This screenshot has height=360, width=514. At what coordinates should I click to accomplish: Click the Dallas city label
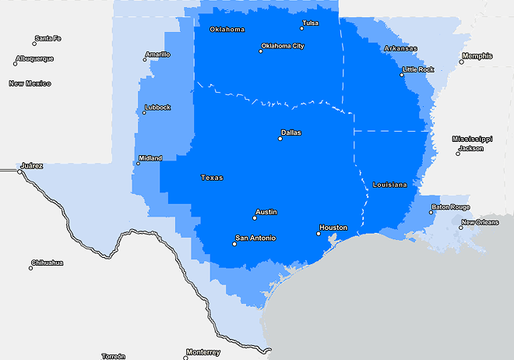tap(290, 132)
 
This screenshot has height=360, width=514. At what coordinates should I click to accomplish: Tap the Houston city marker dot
tap(319, 233)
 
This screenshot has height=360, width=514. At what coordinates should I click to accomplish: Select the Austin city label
tap(266, 212)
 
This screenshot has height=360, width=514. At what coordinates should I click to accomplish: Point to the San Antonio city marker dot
tap(234, 244)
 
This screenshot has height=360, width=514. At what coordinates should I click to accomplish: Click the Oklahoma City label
tap(283, 46)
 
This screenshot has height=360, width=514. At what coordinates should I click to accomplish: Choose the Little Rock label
tap(418, 69)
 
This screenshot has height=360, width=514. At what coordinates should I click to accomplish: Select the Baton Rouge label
tap(451, 207)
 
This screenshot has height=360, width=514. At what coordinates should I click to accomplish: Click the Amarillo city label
tap(157, 55)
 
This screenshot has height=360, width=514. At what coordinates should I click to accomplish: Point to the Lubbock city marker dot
tap(143, 113)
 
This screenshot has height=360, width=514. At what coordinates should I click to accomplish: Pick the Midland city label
tap(150, 158)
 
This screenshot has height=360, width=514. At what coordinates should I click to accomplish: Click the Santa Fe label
tap(48, 38)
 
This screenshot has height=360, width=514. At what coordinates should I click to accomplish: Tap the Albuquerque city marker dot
tap(16, 64)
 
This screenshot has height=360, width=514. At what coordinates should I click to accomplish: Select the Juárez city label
tap(32, 165)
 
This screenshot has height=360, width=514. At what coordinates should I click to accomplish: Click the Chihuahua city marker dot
tap(31, 268)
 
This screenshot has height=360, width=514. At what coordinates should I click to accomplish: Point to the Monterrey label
tap(203, 352)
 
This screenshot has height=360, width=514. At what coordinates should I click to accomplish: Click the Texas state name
tap(212, 178)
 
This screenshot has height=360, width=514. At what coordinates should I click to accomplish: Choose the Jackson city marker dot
tap(458, 154)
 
